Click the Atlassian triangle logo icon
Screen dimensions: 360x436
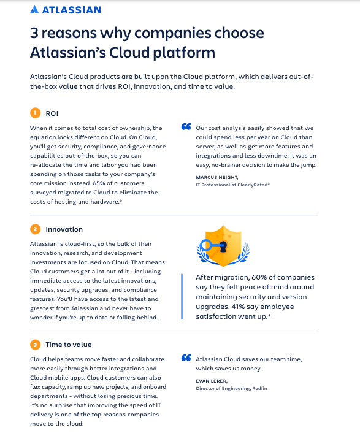(35, 10)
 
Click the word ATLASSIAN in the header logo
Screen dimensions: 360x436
(72, 10)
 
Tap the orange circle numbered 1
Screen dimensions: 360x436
(35, 113)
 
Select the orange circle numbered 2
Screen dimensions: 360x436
(35, 229)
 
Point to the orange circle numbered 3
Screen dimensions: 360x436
(35, 345)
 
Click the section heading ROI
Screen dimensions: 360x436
(52, 113)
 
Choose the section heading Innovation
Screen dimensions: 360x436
(64, 229)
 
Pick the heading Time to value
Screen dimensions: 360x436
(68, 345)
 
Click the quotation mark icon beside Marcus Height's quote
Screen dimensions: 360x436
(186, 128)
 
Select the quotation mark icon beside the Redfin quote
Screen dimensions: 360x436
(186, 358)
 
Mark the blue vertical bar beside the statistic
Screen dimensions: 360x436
(182, 296)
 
